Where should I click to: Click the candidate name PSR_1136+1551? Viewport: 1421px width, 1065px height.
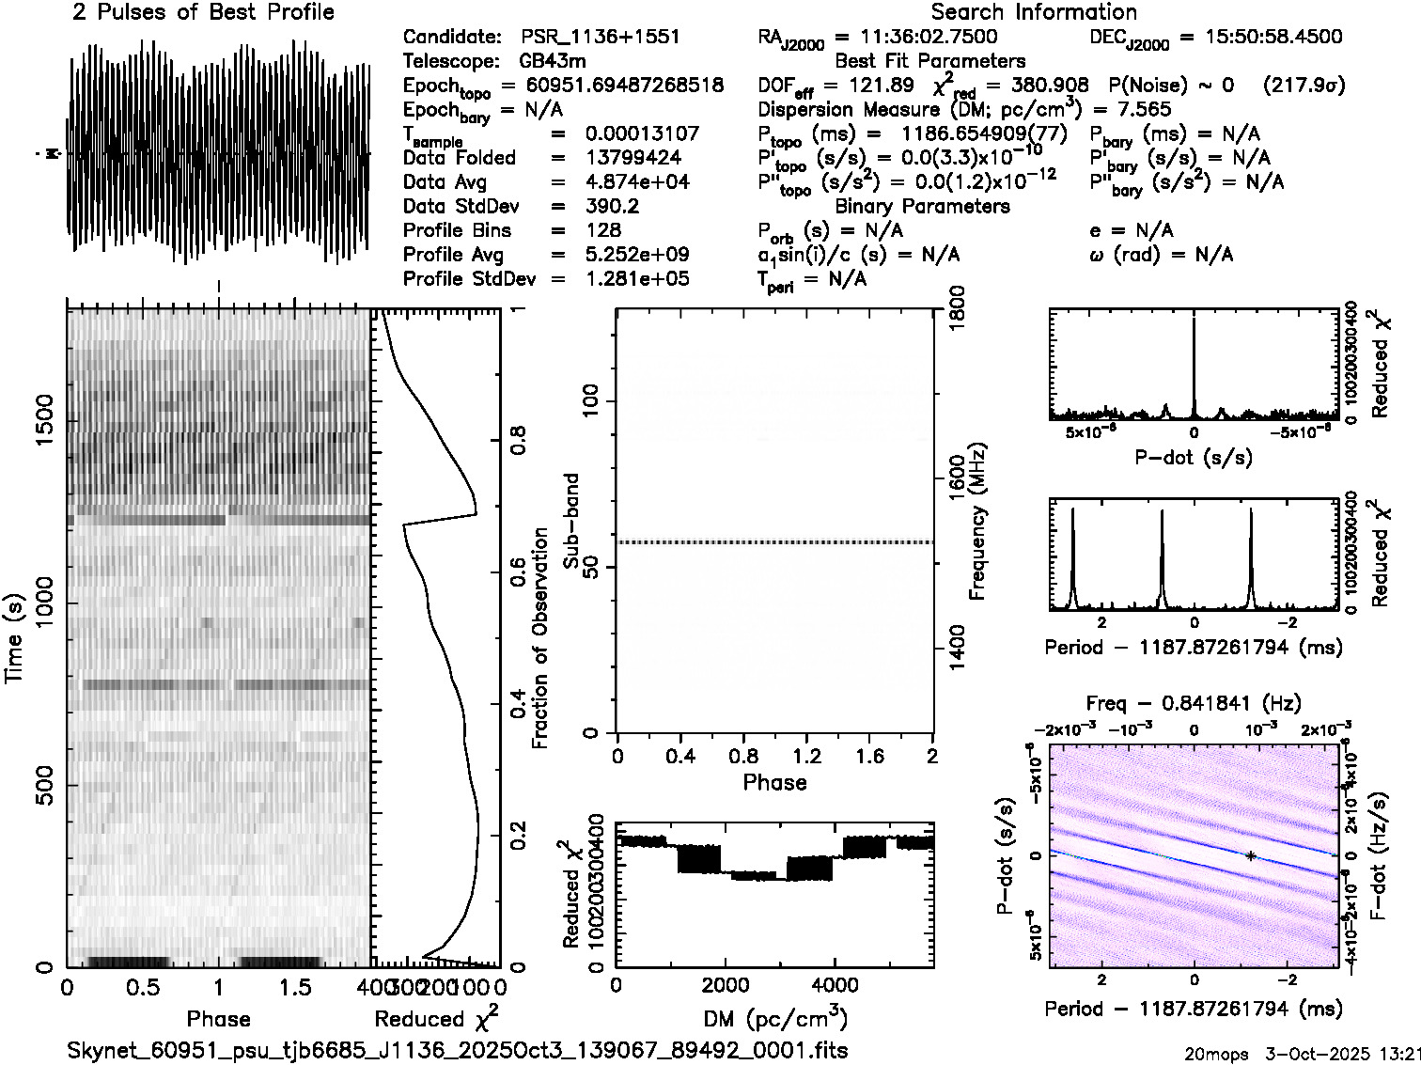tap(600, 38)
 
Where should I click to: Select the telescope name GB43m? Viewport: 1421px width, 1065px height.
tap(553, 62)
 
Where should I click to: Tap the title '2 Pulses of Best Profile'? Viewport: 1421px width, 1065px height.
tap(203, 12)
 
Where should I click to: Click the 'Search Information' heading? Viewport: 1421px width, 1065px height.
tap(1034, 12)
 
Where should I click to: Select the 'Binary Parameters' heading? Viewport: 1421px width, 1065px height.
tap(922, 207)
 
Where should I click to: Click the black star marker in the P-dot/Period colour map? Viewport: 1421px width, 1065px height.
tap(1251, 855)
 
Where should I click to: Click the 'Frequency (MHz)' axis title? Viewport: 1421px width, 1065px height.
tap(977, 521)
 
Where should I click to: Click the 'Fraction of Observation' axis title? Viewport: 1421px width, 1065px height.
tap(540, 637)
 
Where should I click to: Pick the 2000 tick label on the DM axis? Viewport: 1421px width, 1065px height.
tap(724, 986)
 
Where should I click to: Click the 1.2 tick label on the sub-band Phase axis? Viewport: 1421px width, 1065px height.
tap(806, 756)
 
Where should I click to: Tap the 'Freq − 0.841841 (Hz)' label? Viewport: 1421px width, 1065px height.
tap(1194, 704)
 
